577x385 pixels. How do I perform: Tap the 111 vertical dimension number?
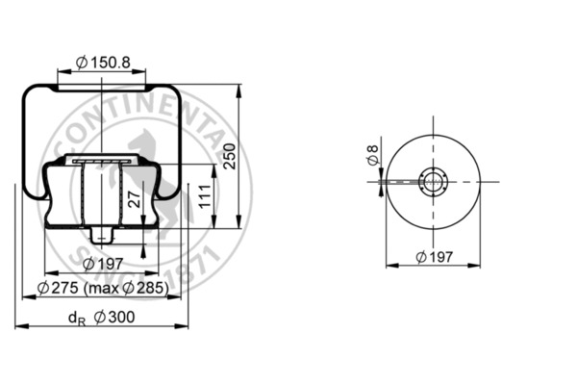[x=202, y=197]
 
